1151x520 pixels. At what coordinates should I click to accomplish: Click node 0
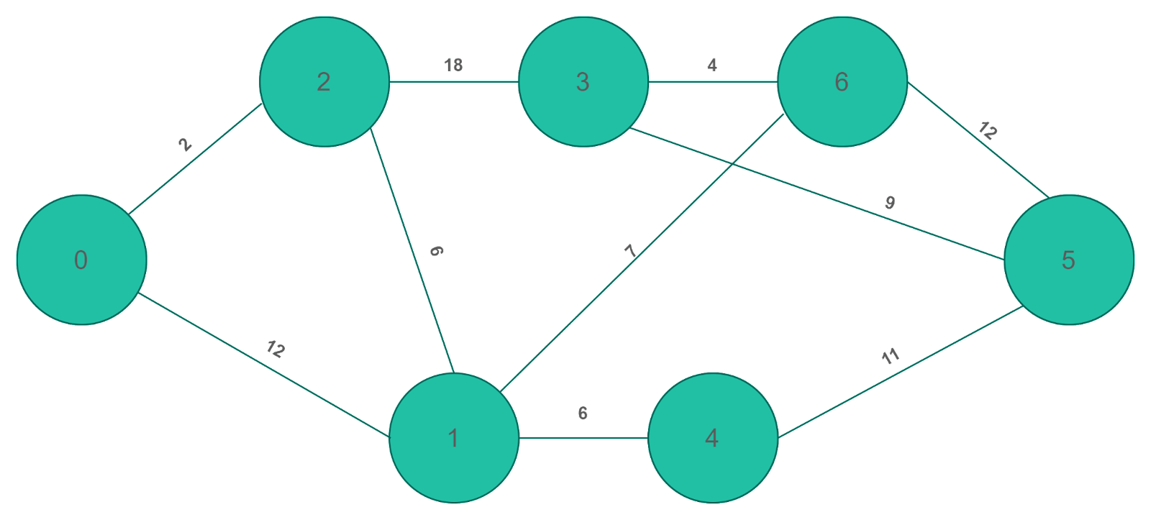(81, 260)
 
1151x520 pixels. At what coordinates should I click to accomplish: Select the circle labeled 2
(324, 81)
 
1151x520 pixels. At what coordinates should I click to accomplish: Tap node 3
(583, 81)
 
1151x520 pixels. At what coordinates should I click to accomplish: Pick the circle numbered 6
(842, 81)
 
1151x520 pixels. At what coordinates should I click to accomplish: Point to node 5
(1068, 260)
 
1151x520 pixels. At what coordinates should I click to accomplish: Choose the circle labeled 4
(712, 437)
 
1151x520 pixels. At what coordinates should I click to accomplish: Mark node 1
(453, 437)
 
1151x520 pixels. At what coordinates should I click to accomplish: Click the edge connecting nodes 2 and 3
(453, 81)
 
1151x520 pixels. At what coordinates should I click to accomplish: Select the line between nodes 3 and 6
(712, 81)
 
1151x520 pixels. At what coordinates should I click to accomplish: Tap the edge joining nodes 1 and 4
(583, 437)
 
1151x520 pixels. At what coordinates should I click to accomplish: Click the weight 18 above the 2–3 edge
(453, 65)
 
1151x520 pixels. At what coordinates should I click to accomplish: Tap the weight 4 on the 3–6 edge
(711, 65)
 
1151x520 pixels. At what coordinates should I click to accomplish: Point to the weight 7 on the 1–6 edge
(630, 252)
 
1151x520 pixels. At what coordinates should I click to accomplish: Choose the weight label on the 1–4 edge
(582, 414)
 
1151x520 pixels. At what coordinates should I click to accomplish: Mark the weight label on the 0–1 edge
(276, 350)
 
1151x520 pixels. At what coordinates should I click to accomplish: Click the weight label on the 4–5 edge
(891, 356)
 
